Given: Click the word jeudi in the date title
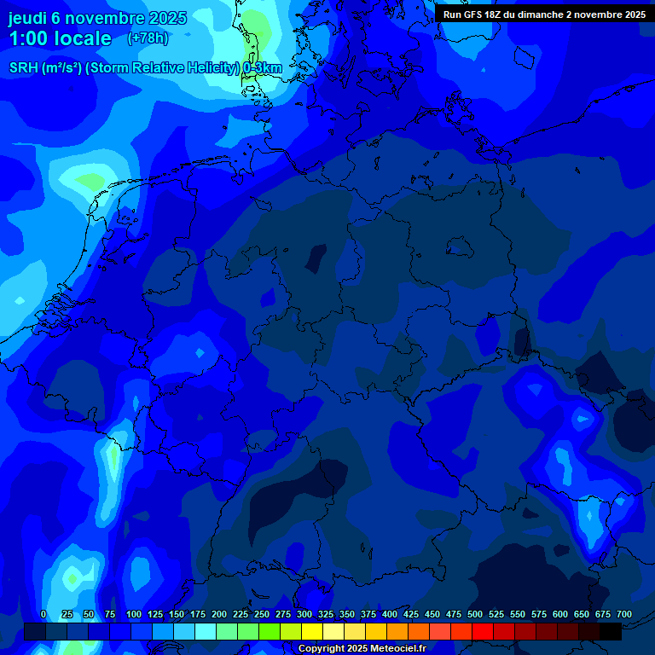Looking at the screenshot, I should [28, 18].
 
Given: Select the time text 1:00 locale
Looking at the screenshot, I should [60, 38].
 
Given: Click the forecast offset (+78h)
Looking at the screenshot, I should [148, 38].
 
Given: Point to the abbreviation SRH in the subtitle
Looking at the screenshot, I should [24, 68].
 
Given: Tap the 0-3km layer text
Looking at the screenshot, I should [263, 68].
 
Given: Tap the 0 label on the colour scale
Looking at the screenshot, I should [43, 615].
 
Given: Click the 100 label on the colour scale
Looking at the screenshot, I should [134, 615].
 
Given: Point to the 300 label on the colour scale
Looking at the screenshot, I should [304, 615].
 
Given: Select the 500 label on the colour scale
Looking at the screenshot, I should [475, 615].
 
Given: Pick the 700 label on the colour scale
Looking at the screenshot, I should [624, 615].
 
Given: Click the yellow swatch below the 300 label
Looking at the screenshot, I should [312, 632].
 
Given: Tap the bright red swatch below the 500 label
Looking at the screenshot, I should [483, 632].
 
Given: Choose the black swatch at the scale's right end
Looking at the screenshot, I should [611, 632].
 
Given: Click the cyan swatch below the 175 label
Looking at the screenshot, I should [206, 632].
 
